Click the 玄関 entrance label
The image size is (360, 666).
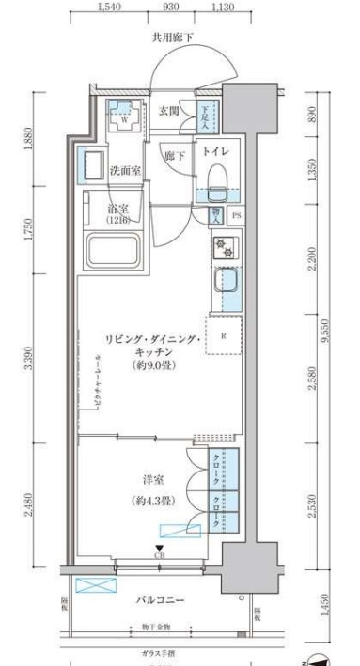click(x=167, y=111)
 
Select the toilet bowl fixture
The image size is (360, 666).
click(x=217, y=176)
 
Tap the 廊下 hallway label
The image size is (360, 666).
click(x=174, y=155)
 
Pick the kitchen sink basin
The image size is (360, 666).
click(x=227, y=281)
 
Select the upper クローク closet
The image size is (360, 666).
click(x=217, y=467)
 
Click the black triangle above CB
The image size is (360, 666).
click(x=159, y=549)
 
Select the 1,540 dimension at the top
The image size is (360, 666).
click(x=110, y=8)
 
